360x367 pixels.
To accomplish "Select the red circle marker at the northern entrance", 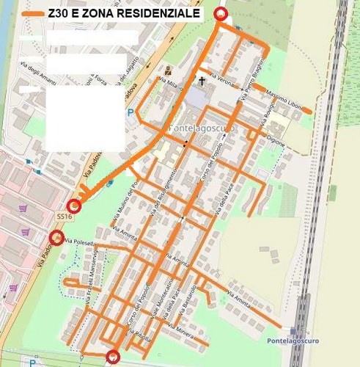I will pos(220,14).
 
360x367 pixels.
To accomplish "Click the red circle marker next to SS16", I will pos(73,206).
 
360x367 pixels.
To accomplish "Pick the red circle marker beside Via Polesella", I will pos(56,236).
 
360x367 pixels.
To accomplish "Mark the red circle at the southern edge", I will pos(113,357).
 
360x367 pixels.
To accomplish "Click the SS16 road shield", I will pos(65,217).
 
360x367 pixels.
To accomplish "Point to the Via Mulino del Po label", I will pos(123,203).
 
